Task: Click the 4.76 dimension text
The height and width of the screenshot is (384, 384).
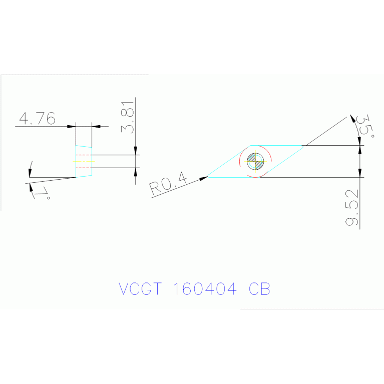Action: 37,119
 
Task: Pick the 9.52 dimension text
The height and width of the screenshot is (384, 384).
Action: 352,208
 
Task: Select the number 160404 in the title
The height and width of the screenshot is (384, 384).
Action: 204,289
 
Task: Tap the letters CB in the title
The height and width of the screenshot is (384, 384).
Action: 259,289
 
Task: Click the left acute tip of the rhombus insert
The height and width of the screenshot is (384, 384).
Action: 208,177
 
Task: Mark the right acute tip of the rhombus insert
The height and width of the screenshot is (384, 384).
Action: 303,146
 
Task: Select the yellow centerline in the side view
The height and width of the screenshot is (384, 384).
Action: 83,161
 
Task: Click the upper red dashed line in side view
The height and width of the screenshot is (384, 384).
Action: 84,155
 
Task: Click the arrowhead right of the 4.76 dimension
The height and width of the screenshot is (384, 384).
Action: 96,126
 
